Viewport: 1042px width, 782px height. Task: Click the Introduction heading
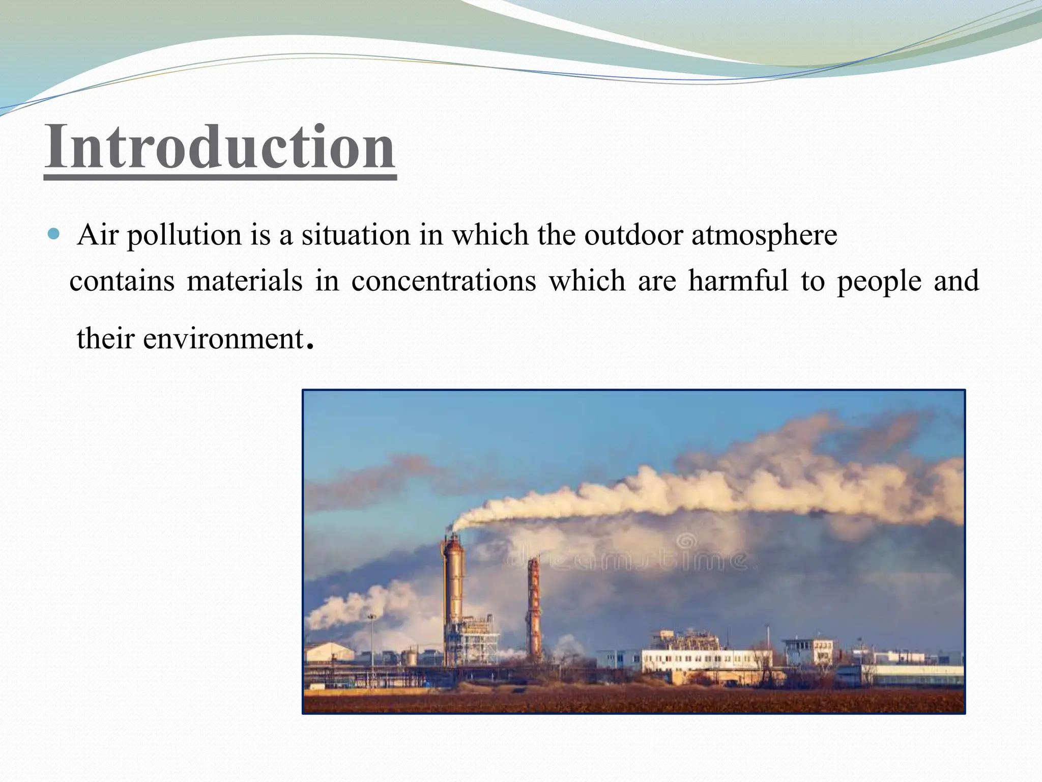[x=220, y=148]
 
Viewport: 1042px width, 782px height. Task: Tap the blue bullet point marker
[x=53, y=235]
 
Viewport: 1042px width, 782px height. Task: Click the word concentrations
[x=443, y=282]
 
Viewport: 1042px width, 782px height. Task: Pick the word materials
[x=244, y=281]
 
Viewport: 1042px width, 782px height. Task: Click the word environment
[x=223, y=339]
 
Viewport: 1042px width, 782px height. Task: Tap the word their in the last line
[x=105, y=339]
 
